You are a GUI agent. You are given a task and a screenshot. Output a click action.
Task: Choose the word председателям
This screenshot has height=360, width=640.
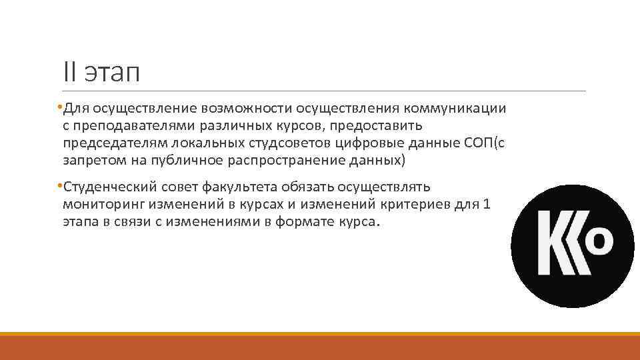tap(115, 143)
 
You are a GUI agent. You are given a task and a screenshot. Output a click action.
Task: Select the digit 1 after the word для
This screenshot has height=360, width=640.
tap(487, 204)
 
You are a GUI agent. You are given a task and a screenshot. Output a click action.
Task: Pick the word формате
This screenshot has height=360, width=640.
tap(304, 221)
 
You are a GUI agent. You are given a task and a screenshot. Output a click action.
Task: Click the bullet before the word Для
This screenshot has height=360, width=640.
tap(59, 107)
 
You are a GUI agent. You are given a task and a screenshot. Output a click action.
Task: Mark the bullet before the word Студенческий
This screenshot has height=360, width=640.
tap(59, 185)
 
